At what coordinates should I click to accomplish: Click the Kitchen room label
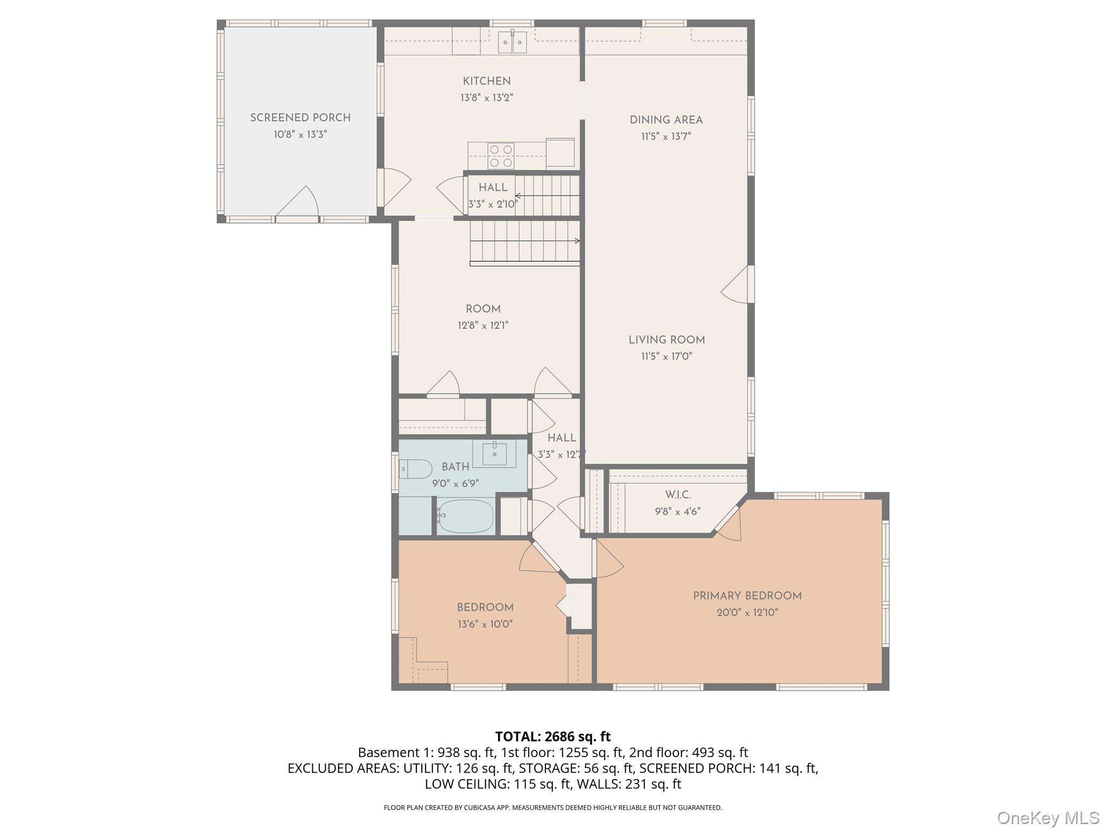[x=487, y=81]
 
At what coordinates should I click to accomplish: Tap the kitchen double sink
[x=512, y=42]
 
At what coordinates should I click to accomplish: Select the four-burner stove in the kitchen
[x=501, y=156]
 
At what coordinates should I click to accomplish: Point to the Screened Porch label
[x=300, y=118]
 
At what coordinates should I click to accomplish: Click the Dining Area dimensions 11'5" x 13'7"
[x=666, y=136]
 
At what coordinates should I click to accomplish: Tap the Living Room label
[x=666, y=340]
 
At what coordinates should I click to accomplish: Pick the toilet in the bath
[x=415, y=468]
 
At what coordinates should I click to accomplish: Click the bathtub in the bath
[x=465, y=516]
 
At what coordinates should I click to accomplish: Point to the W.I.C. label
[x=678, y=494]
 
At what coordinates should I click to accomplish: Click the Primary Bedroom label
[x=747, y=595]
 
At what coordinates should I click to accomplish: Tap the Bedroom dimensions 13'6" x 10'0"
[x=485, y=624]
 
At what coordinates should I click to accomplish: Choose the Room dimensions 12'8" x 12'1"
[x=483, y=325]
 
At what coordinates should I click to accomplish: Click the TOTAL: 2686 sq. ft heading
[x=553, y=737]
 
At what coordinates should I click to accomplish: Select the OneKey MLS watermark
[x=1048, y=818]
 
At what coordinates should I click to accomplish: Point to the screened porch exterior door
[x=296, y=204]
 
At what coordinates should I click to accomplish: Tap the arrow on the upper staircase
[x=547, y=196]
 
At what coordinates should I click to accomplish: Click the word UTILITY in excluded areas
[x=425, y=768]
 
